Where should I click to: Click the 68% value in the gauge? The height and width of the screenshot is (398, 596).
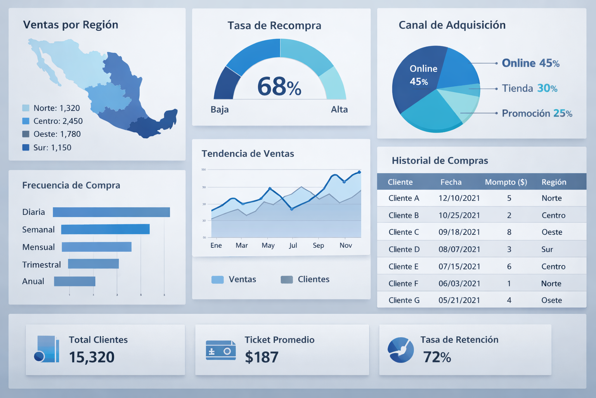click(x=279, y=87)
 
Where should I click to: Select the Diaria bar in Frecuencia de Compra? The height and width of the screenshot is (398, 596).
click(x=111, y=212)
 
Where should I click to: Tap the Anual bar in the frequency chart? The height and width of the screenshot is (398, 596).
click(x=74, y=281)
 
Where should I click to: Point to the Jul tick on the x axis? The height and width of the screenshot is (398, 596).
click(x=293, y=245)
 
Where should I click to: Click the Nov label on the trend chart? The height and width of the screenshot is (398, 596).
click(x=345, y=245)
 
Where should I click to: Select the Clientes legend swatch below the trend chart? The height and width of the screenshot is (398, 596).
click(x=287, y=279)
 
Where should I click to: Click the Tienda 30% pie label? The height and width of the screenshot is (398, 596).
click(x=529, y=89)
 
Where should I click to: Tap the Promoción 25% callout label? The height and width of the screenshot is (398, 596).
click(x=537, y=113)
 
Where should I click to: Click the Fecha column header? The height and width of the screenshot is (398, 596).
click(x=451, y=182)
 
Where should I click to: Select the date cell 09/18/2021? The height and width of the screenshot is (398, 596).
click(x=459, y=232)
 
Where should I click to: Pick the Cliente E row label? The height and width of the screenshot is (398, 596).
click(x=404, y=267)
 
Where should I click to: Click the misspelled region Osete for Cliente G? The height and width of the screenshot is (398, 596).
click(x=551, y=300)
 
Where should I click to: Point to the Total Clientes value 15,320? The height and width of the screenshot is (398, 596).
click(x=92, y=357)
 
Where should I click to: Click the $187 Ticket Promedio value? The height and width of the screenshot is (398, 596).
click(x=262, y=357)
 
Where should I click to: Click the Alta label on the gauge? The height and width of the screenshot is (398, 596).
click(x=339, y=110)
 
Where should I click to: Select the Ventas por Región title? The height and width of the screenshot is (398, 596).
click(x=71, y=25)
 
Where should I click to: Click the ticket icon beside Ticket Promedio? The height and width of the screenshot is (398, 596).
click(x=220, y=350)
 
